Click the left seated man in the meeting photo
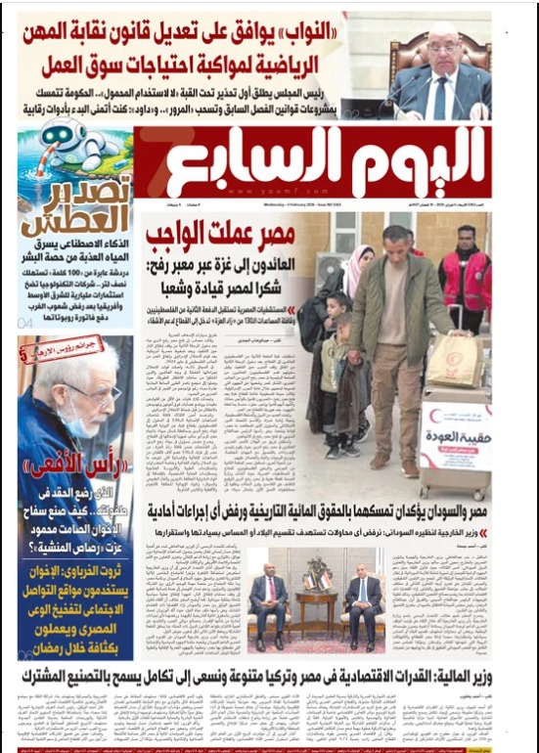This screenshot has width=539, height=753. click(269, 597)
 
